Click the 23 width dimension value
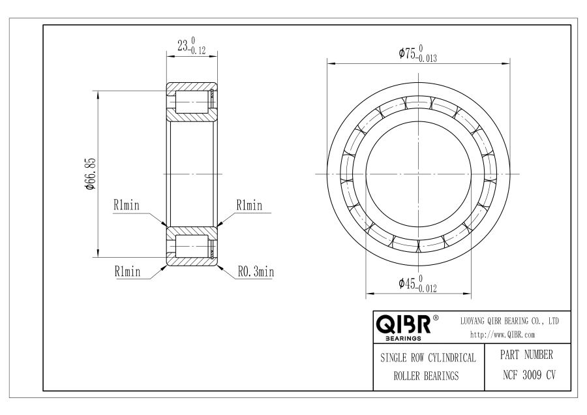[183, 46]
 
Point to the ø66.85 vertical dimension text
[91, 174]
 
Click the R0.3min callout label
[256, 271]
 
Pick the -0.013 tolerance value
[427, 59]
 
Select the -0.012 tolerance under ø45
[427, 288]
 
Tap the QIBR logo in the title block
[404, 324]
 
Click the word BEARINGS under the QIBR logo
[403, 339]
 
